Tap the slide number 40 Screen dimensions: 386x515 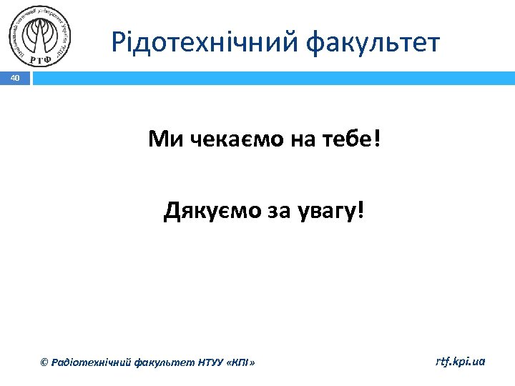[16, 77]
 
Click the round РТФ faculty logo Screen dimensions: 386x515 [40, 36]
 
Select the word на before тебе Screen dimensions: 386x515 [301, 139]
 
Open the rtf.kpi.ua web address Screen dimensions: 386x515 [460, 362]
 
